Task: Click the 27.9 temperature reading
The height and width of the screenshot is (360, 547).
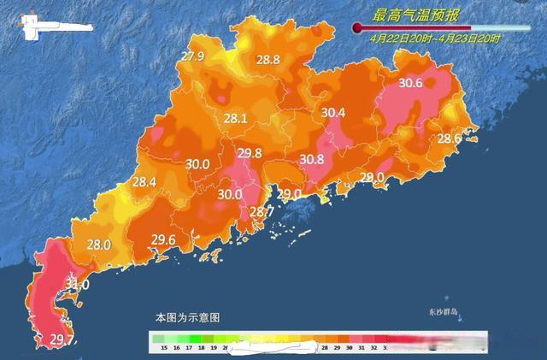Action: [192, 57]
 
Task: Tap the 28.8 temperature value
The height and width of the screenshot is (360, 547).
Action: [268, 60]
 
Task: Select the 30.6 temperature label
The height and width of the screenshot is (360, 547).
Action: [411, 83]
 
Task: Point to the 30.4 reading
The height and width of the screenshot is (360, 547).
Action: [333, 113]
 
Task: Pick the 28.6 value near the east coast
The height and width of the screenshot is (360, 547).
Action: [450, 139]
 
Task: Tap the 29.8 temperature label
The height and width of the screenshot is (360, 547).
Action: [250, 154]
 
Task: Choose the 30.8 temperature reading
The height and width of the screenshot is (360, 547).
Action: [312, 159]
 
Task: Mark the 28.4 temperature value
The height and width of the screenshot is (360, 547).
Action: [144, 182]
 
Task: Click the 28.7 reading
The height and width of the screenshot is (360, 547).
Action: [261, 212]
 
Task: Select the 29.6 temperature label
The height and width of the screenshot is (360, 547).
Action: [163, 239]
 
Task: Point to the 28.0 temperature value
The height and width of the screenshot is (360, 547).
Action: [99, 245]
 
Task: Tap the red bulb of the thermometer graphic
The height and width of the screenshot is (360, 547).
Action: [357, 28]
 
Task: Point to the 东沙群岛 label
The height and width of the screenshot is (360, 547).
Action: [444, 312]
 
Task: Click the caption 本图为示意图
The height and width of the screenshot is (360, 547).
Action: [186, 317]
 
